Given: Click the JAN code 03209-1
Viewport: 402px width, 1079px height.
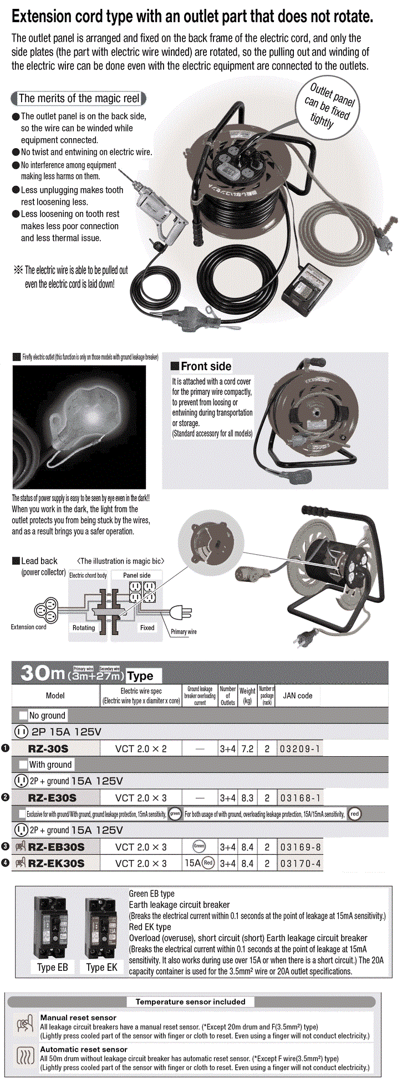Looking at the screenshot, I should click(x=299, y=748).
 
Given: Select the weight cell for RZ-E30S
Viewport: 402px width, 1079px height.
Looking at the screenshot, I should click(x=247, y=798).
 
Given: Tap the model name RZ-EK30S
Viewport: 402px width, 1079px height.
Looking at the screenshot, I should click(x=56, y=863).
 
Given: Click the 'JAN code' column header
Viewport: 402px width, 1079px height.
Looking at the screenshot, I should click(x=298, y=695).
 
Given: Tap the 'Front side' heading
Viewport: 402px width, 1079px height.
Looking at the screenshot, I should click(x=206, y=366).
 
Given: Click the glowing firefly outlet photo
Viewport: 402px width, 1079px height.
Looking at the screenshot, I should click(x=79, y=426).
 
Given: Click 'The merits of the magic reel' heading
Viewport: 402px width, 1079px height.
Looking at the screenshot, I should click(x=79, y=99).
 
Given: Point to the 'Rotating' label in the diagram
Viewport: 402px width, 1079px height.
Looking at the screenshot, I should click(x=84, y=627).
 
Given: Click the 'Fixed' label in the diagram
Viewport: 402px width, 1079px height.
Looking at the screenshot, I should click(x=147, y=627).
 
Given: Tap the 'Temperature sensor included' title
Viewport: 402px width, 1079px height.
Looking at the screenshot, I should click(x=190, y=1002).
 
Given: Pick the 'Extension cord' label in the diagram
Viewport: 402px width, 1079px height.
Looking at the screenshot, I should click(x=28, y=627).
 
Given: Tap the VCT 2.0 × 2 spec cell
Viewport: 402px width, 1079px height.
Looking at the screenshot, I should click(x=141, y=748).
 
